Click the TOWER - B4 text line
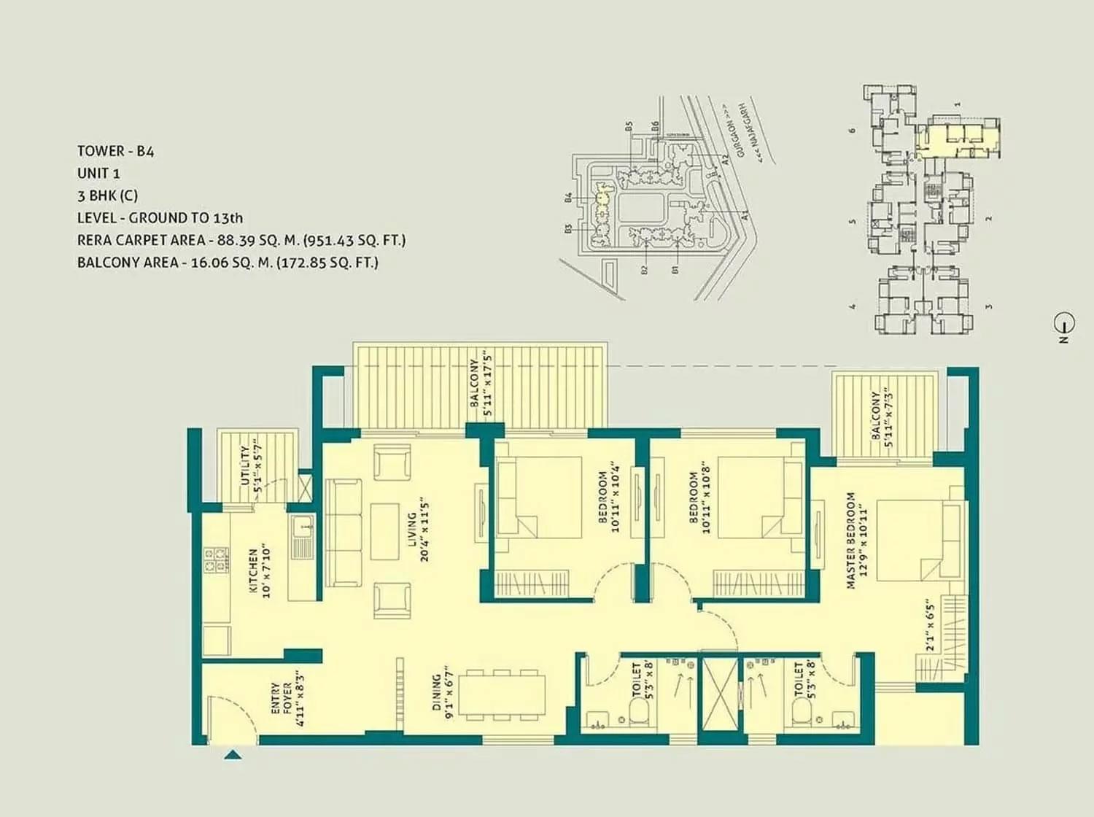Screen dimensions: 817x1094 [x=115, y=151]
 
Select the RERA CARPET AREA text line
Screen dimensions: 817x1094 [x=241, y=240]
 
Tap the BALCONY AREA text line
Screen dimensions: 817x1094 [x=228, y=263]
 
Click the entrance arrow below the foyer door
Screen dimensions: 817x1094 [x=233, y=755]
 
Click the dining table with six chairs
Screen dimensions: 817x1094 [x=505, y=694]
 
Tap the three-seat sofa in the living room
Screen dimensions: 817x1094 [x=343, y=533]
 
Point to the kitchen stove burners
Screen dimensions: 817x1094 [x=214, y=559]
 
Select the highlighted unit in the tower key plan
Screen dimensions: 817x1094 [x=957, y=136]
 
